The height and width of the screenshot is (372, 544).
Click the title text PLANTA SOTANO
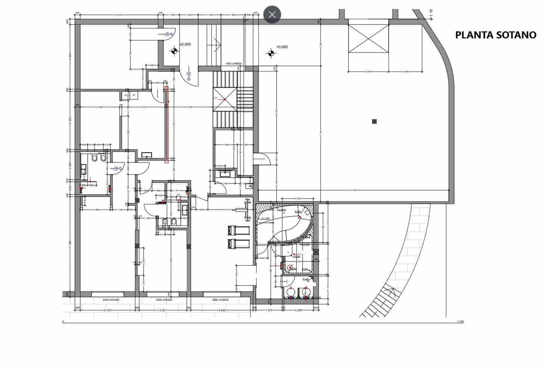pyautogui.click(x=495, y=35)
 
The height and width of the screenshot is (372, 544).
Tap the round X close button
pyautogui.click(x=272, y=15)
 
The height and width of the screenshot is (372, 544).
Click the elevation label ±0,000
pyautogui.click(x=185, y=44)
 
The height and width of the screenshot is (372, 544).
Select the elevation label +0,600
pyautogui.click(x=282, y=47)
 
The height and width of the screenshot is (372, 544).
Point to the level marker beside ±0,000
pyautogui.click(x=174, y=51)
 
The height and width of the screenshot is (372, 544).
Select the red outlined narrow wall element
pyautogui.click(x=167, y=125)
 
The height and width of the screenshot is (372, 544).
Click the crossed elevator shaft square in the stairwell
pyautogui.click(x=225, y=99)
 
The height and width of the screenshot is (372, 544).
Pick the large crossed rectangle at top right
pyautogui.click(x=368, y=38)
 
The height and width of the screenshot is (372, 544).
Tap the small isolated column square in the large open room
pyautogui.click(x=374, y=121)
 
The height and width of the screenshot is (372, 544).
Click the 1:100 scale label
pyautogui.click(x=460, y=321)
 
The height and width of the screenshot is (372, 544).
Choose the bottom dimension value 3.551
pyautogui.click(x=162, y=310)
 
